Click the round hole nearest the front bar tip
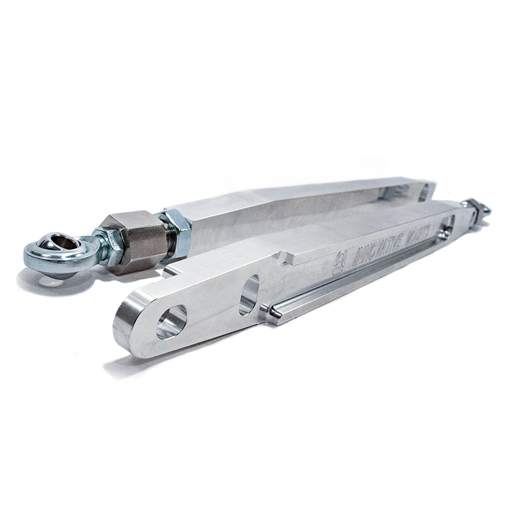pos(172,320)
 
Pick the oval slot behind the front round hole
pos(250,294)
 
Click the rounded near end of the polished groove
pos(274,312)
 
